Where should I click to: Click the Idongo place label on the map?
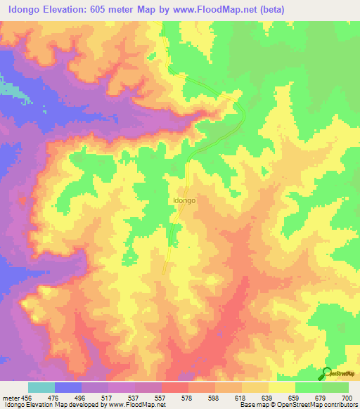184,200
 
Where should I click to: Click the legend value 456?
25,397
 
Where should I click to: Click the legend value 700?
345,397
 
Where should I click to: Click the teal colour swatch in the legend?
41,387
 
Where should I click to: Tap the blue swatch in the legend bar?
68,387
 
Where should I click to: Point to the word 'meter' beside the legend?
10,397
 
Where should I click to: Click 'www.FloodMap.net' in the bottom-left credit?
141,405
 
